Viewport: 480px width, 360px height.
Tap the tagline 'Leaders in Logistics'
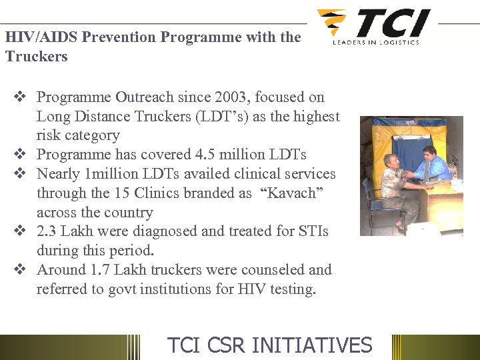[x=376, y=42]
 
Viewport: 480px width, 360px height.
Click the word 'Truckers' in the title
[x=37, y=56]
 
